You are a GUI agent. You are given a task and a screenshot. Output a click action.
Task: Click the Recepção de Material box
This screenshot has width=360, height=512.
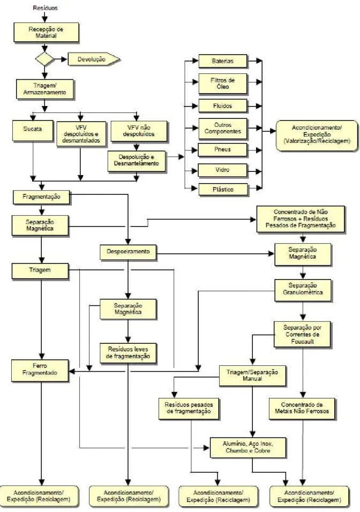pyautogui.click(x=46, y=32)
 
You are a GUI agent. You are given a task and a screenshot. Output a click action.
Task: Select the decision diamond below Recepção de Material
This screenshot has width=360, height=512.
pyautogui.click(x=45, y=59)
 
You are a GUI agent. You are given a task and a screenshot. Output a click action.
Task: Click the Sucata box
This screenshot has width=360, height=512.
pyautogui.click(x=33, y=131)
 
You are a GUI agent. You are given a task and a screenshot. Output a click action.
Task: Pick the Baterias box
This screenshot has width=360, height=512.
pyautogui.click(x=223, y=61)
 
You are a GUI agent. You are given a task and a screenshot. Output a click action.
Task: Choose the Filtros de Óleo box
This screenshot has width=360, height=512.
pyautogui.click(x=223, y=84)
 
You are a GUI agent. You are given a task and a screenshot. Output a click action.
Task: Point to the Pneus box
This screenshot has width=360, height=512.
pyautogui.click(x=222, y=149)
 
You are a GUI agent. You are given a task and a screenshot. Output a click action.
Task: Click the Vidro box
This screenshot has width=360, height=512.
pyautogui.click(x=222, y=170)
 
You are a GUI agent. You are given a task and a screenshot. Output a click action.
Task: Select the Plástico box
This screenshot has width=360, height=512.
pyautogui.click(x=223, y=190)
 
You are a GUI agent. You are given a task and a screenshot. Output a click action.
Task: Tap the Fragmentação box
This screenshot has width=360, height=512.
pyautogui.click(x=41, y=197)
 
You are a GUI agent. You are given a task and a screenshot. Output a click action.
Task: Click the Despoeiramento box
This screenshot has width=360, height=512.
pyautogui.click(x=128, y=252)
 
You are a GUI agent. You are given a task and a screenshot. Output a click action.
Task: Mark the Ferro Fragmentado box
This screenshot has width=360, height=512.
pyautogui.click(x=40, y=370)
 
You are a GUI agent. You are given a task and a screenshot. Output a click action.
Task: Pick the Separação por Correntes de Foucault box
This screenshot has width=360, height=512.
pyautogui.click(x=303, y=334)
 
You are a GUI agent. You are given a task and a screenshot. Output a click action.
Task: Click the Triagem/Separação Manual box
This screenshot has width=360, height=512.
pyautogui.click(x=252, y=375)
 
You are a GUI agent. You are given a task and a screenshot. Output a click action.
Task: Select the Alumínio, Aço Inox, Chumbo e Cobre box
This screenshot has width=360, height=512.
pyautogui.click(x=248, y=447)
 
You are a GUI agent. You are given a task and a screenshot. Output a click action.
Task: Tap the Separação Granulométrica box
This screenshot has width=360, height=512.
pyautogui.click(x=303, y=290)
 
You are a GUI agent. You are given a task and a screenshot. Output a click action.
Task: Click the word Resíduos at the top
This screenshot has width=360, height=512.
pyautogui.click(x=45, y=8)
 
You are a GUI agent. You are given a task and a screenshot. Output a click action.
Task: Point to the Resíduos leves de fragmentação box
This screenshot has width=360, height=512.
pyautogui.click(x=128, y=353)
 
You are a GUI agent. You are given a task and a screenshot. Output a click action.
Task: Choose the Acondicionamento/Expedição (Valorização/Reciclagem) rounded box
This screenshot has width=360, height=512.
pyautogui.click(x=317, y=135)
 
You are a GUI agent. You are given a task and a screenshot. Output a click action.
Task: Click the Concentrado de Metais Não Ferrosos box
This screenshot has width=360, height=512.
pyautogui.click(x=302, y=409)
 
